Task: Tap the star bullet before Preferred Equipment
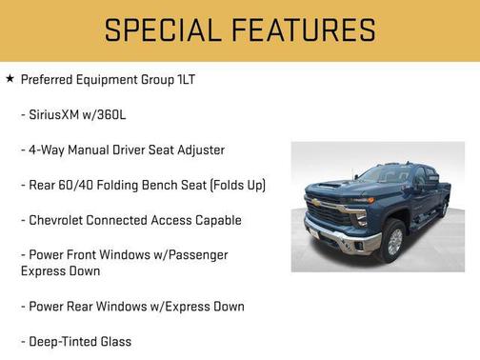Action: coord(10,79)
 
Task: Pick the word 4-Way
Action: coord(47,150)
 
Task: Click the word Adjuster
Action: coord(198,150)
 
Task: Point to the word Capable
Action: coord(215,220)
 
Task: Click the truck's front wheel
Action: coord(391,242)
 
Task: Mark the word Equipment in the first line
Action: coord(128,80)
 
